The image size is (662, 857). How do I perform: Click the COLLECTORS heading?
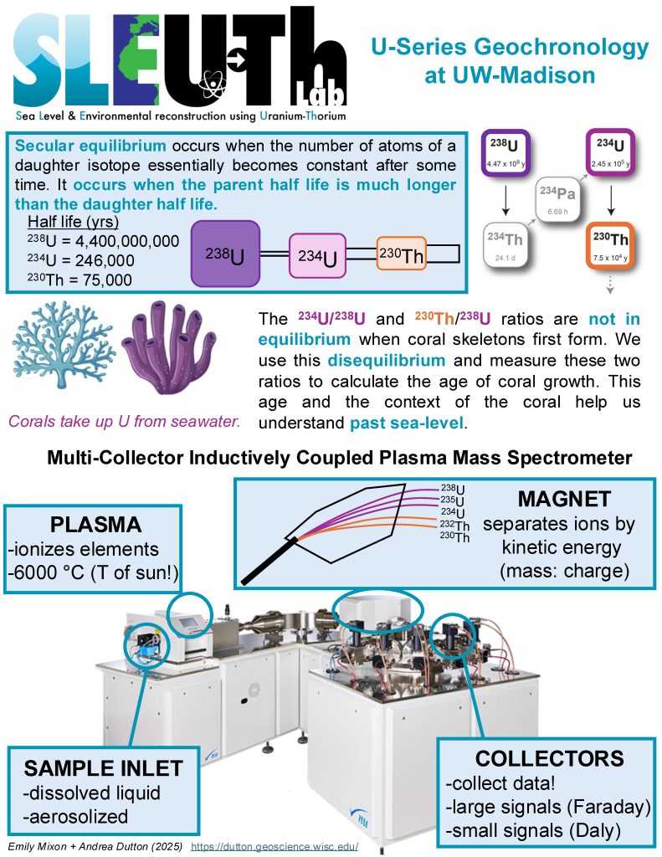pyautogui.click(x=549, y=758)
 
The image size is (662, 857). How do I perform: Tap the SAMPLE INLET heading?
pyautogui.click(x=103, y=767)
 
